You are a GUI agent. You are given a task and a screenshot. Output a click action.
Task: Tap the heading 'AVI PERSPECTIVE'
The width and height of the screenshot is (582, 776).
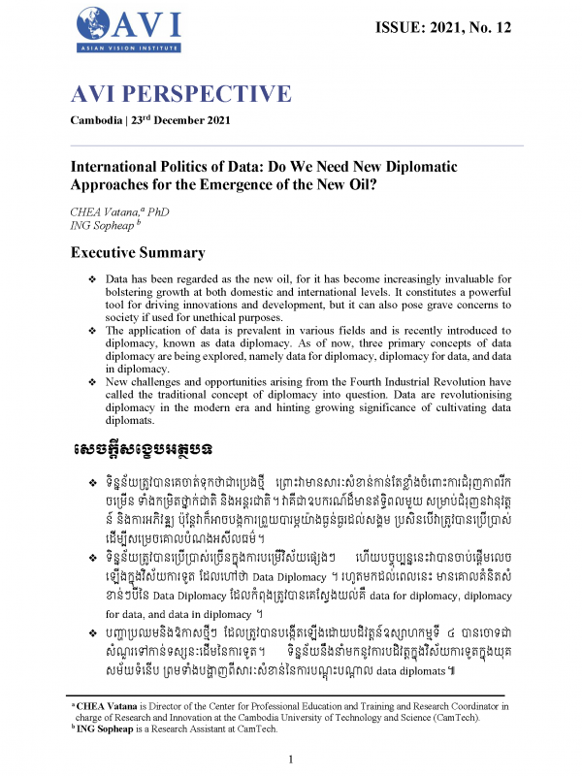coord(180,95)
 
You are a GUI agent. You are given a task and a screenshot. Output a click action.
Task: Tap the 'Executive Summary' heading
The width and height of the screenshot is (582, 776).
coord(138,253)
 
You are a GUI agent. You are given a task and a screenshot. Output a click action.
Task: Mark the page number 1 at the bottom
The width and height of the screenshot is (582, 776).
coord(291,760)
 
